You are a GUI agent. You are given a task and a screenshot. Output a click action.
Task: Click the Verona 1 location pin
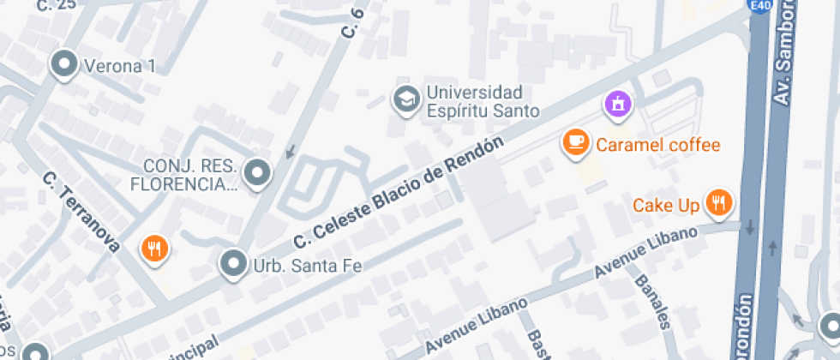tap(63, 63)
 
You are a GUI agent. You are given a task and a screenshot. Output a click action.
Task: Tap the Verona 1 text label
tap(118, 65)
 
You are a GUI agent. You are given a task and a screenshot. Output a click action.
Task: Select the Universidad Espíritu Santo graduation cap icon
tap(405, 99)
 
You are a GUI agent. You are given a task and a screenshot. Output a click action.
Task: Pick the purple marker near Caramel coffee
tap(616, 104)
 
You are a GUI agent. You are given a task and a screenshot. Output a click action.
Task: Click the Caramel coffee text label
tap(658, 144)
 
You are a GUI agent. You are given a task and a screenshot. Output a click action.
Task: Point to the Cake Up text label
tap(666, 206)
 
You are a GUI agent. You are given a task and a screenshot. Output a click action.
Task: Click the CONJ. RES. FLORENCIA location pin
tap(256, 174)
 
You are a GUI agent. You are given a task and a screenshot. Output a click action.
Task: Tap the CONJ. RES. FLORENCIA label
tap(183, 175)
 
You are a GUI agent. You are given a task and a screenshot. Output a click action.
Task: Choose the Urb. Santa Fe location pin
tap(233, 264)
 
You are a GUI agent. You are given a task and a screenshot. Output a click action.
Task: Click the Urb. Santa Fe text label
tap(307, 266)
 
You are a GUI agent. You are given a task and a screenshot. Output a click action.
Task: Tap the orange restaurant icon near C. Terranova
tap(154, 249)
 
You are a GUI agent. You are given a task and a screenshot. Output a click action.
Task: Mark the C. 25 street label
tap(57, 5)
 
